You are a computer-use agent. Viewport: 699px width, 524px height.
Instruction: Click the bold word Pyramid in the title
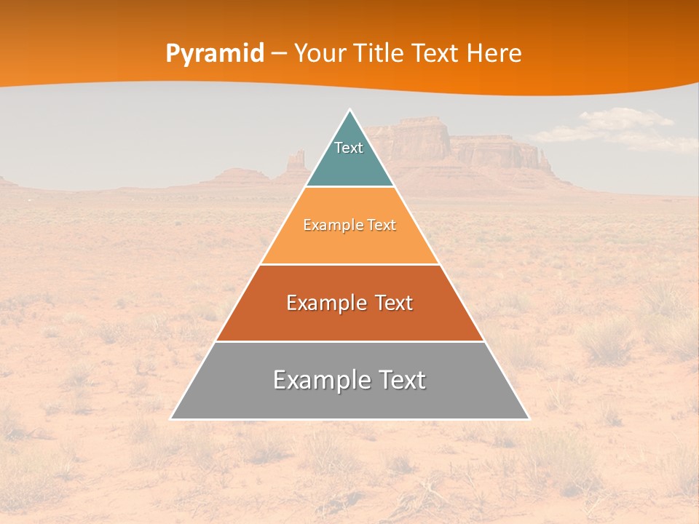215,54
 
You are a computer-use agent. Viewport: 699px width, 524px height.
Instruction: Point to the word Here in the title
494,54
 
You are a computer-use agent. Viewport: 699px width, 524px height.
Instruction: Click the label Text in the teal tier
349,148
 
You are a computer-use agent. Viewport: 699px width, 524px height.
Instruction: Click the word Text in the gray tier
400,380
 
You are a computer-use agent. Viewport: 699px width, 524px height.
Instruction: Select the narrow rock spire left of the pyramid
296,164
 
